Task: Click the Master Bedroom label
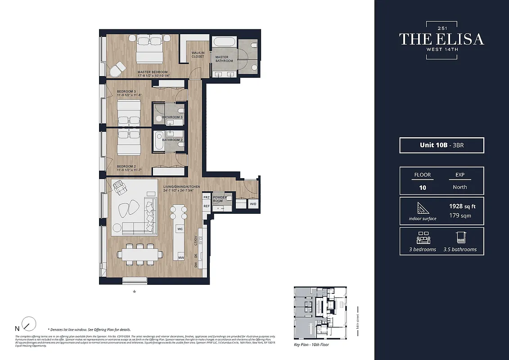153,72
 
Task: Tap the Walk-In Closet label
198,54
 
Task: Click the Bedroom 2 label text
120,166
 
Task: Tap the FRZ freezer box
207,197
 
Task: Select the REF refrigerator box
207,206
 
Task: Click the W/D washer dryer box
253,204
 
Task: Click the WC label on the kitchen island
180,229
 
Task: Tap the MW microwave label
180,258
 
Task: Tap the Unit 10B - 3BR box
441,145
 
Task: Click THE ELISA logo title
441,39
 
